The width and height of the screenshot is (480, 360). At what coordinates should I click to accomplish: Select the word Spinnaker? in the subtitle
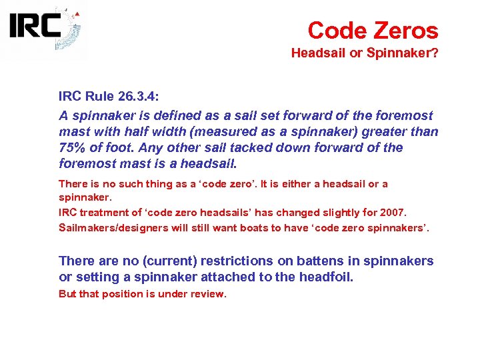coord(403,53)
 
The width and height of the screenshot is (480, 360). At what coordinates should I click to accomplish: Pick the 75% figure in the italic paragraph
coord(72,147)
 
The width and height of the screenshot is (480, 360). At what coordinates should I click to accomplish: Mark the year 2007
coord(392,213)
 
